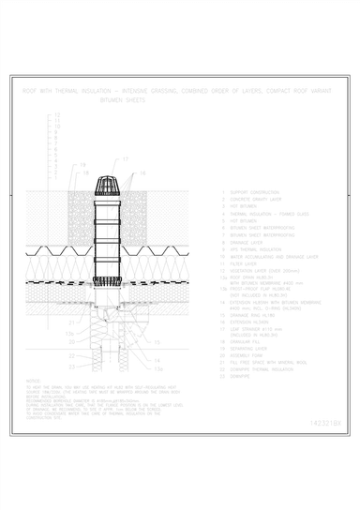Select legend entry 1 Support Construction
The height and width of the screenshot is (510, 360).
(x=247, y=192)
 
